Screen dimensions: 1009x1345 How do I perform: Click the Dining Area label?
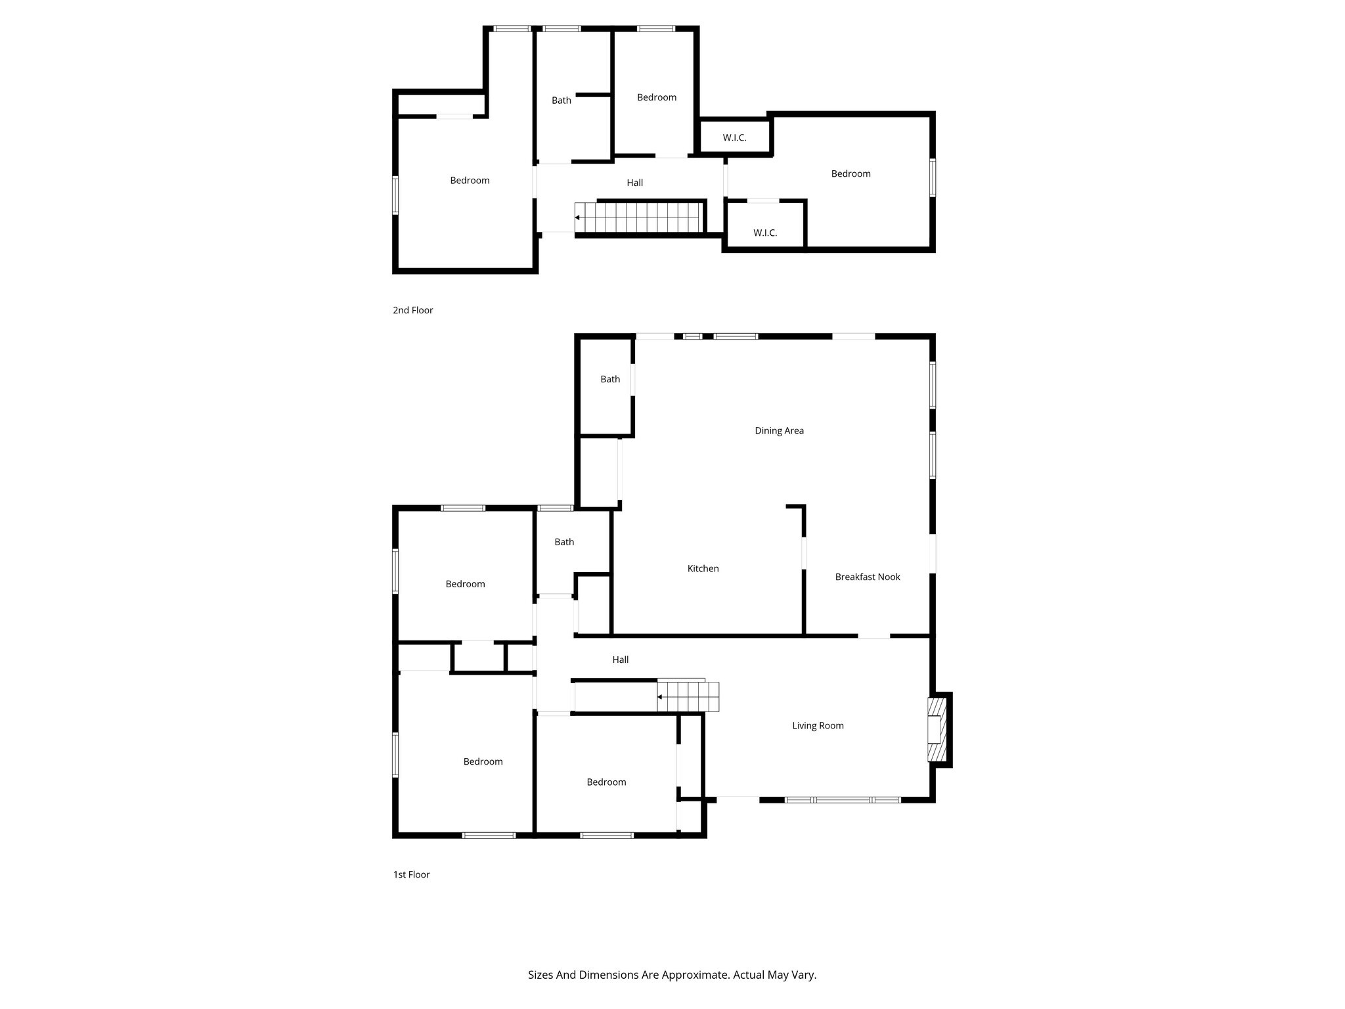coord(779,431)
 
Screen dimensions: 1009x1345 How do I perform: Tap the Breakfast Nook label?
coord(867,577)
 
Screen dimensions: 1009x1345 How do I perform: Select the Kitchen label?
coord(703,568)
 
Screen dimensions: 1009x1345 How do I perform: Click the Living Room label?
coord(817,725)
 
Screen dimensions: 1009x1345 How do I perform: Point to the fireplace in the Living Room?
coord(937,729)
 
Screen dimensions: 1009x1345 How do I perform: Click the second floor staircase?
coord(637,217)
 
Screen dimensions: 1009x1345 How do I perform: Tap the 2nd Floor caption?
coord(412,310)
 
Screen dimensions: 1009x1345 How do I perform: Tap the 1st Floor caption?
coord(411,874)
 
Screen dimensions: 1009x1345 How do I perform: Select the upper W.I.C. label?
coord(734,137)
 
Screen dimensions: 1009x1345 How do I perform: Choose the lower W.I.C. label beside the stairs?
coord(764,233)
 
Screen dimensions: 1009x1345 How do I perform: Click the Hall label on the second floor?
coord(634,183)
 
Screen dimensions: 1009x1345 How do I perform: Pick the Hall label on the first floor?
coord(620,660)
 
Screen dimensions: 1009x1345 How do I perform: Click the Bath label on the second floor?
coord(561,100)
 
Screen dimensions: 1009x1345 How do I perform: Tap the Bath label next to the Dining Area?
coord(609,379)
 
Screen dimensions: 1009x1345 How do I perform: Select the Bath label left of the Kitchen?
coord(563,542)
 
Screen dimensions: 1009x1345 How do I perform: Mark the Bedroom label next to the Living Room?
coord(606,782)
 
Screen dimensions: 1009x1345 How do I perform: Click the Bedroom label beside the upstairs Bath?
coord(656,97)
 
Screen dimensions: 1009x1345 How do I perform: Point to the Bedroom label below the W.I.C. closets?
coord(850,173)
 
